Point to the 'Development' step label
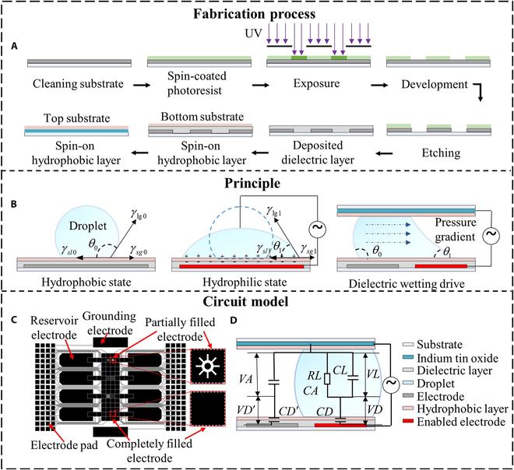[x=437, y=82]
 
